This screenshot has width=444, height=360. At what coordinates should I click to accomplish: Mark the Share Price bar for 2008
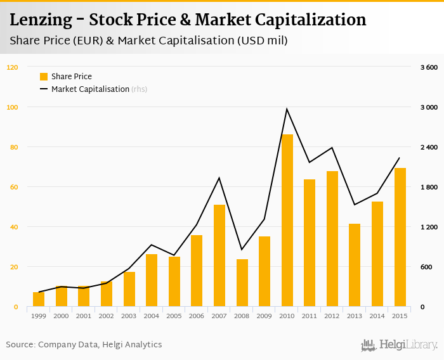pyautogui.click(x=242, y=283)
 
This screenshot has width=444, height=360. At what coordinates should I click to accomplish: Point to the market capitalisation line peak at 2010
pyautogui.click(x=287, y=109)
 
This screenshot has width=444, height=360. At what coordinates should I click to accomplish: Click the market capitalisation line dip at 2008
pyautogui.click(x=242, y=250)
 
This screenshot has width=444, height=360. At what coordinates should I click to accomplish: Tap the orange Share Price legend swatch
pyautogui.click(x=44, y=77)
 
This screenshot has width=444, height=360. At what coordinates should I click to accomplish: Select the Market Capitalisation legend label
pyautogui.click(x=90, y=89)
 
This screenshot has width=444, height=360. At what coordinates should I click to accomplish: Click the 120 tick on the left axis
pyautogui.click(x=13, y=67)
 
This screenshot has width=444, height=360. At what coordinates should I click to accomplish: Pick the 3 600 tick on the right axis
pyautogui.click(x=429, y=67)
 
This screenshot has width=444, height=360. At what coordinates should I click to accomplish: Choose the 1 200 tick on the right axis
pyautogui.click(x=429, y=227)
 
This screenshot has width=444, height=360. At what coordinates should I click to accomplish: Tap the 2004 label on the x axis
pyautogui.click(x=152, y=316)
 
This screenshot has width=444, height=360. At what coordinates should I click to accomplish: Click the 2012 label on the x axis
pyautogui.click(x=332, y=316)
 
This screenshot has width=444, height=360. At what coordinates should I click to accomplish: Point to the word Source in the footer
pyautogui.click(x=20, y=345)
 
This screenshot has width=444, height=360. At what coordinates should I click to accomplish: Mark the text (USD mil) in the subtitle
pyautogui.click(x=263, y=41)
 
